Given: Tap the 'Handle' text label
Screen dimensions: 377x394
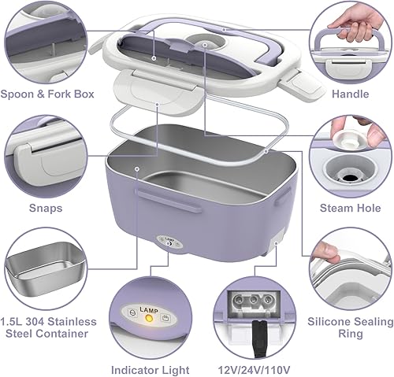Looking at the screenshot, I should [x=351, y=94].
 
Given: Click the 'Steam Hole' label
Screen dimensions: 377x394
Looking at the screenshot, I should [x=349, y=208].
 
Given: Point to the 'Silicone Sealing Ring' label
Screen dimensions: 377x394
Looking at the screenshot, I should [x=350, y=328].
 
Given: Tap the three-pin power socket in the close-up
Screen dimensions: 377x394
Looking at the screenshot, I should [x=249, y=301].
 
